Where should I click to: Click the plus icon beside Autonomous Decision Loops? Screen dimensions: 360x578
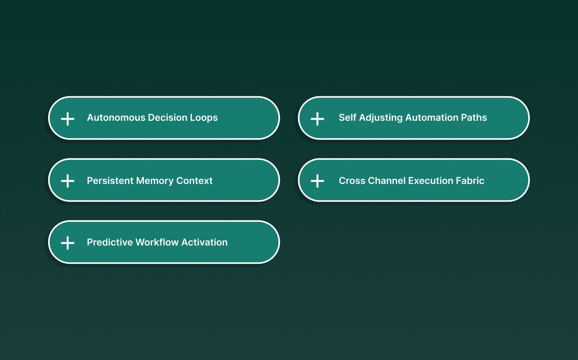68,119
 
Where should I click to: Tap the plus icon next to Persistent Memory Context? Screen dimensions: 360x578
68,181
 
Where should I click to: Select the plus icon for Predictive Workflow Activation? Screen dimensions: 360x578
68,243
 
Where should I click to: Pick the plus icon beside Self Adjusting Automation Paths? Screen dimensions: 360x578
317,119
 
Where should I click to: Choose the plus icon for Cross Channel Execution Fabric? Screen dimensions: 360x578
317,181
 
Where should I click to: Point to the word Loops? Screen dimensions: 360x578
204,118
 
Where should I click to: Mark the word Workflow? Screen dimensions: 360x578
157,242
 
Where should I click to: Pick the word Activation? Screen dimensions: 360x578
205,242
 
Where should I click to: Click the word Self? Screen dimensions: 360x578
347,118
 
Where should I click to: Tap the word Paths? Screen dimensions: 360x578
474,118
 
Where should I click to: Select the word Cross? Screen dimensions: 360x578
352,181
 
